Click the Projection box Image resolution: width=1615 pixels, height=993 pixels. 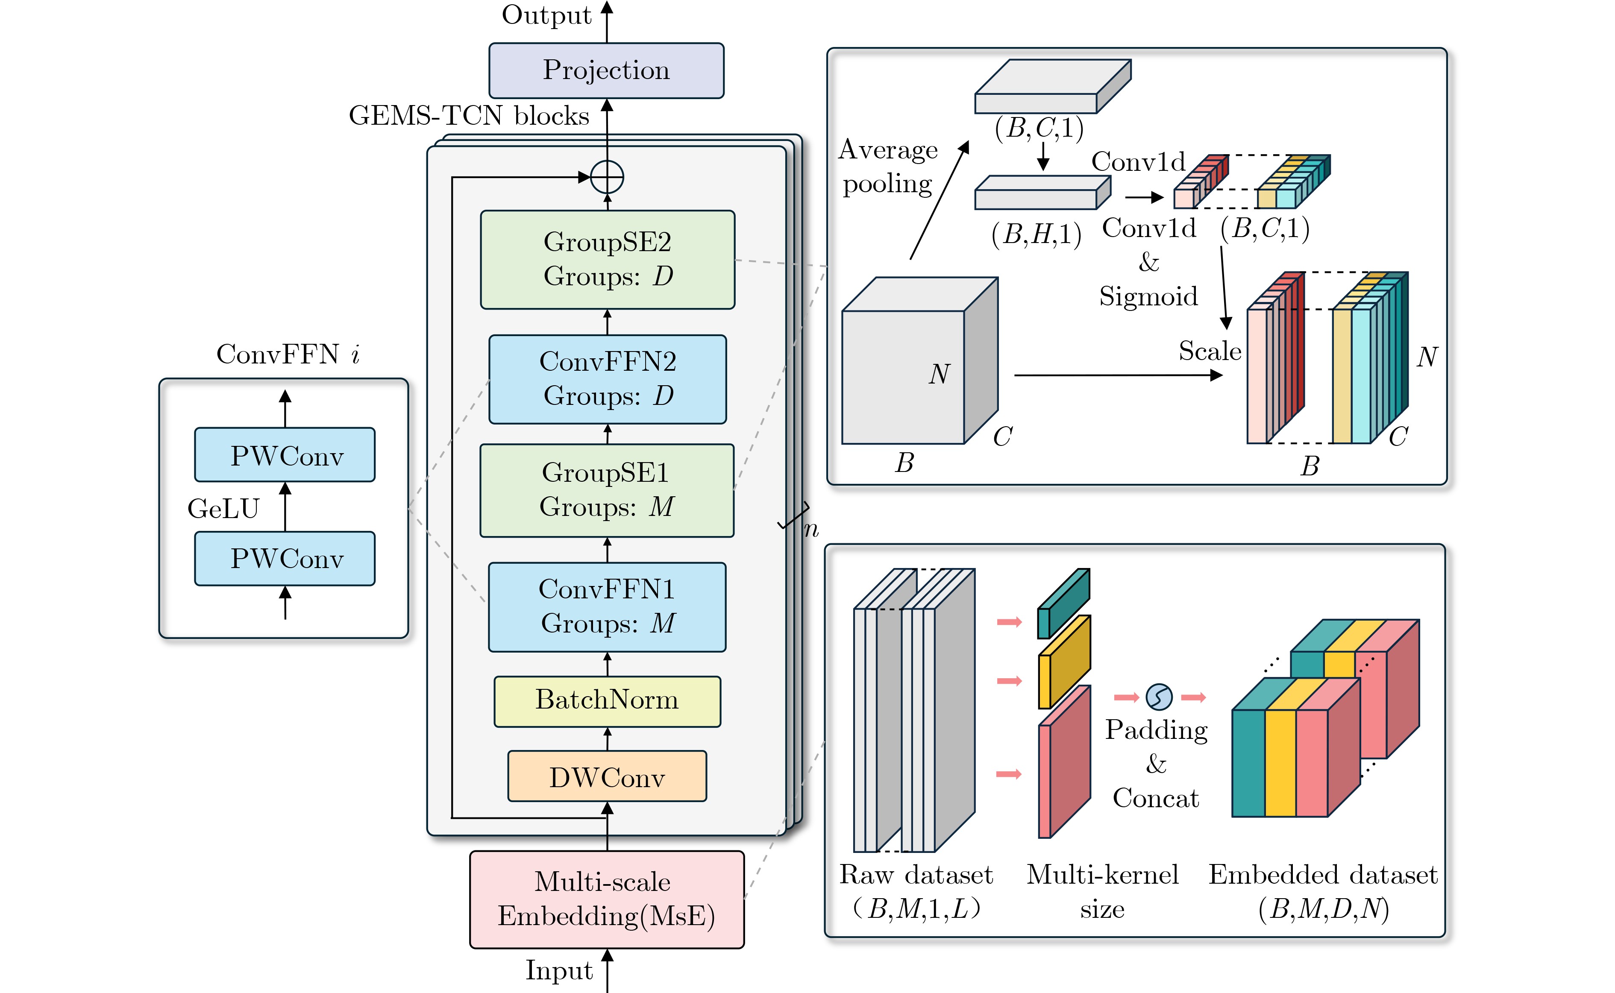point(606,70)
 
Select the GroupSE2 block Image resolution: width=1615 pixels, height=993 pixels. point(608,259)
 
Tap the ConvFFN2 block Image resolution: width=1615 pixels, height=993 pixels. point(608,379)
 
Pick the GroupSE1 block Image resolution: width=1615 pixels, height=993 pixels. point(607,491)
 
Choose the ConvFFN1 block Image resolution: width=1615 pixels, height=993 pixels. point(607,607)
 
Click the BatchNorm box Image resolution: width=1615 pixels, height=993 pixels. point(607,701)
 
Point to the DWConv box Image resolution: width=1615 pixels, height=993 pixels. point(607,776)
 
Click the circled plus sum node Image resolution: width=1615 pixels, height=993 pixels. point(607,177)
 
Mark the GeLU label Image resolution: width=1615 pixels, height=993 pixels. point(223,509)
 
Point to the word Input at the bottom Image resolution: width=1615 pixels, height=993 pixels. point(559,971)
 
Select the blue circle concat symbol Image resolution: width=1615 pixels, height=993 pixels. point(1159,697)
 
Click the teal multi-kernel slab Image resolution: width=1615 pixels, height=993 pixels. point(1063,603)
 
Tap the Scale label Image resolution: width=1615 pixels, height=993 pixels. point(1210,352)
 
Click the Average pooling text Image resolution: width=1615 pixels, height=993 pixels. point(888,167)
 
